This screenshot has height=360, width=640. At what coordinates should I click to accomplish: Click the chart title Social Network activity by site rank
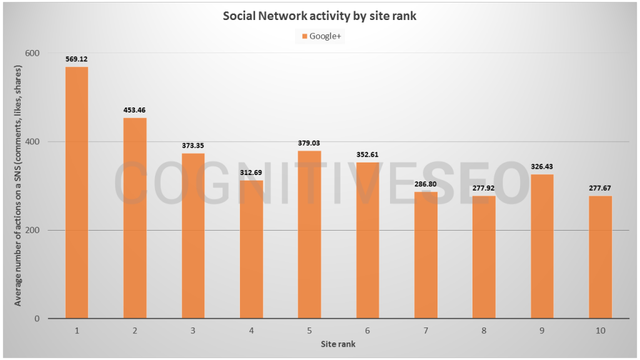319,16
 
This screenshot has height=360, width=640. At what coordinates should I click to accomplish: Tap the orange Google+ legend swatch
304,36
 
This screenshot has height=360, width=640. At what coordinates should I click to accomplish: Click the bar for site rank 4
252,249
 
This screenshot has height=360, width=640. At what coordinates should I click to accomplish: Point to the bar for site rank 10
601,257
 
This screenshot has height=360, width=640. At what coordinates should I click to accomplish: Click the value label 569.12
77,59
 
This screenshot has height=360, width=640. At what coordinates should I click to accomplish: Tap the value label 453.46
135,110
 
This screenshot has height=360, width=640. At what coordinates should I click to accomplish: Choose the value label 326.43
542,167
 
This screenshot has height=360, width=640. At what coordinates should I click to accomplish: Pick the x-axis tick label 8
484,331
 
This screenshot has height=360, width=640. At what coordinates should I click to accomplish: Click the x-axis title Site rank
339,344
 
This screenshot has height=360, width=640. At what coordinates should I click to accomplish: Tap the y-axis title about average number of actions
18,186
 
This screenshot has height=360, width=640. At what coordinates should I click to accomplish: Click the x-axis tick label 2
135,331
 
